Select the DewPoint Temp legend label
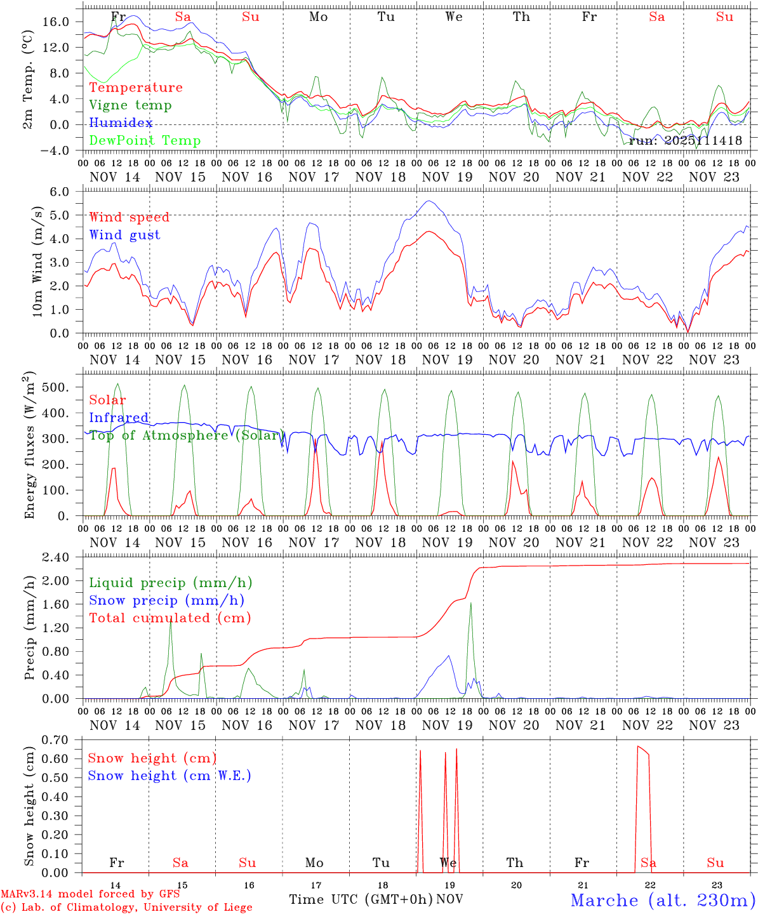[145, 140]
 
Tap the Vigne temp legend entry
[130, 105]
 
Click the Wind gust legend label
[124, 235]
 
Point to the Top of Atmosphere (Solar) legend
[185, 435]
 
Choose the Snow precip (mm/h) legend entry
[166, 600]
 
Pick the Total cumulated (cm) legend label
[170, 618]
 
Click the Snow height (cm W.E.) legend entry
[170, 776]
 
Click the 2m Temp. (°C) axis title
[29, 79]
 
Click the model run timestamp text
[685, 140]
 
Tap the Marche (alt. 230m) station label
[663, 900]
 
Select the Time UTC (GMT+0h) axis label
[361, 899]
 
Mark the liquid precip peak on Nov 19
[470, 602]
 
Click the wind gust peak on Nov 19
[430, 201]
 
